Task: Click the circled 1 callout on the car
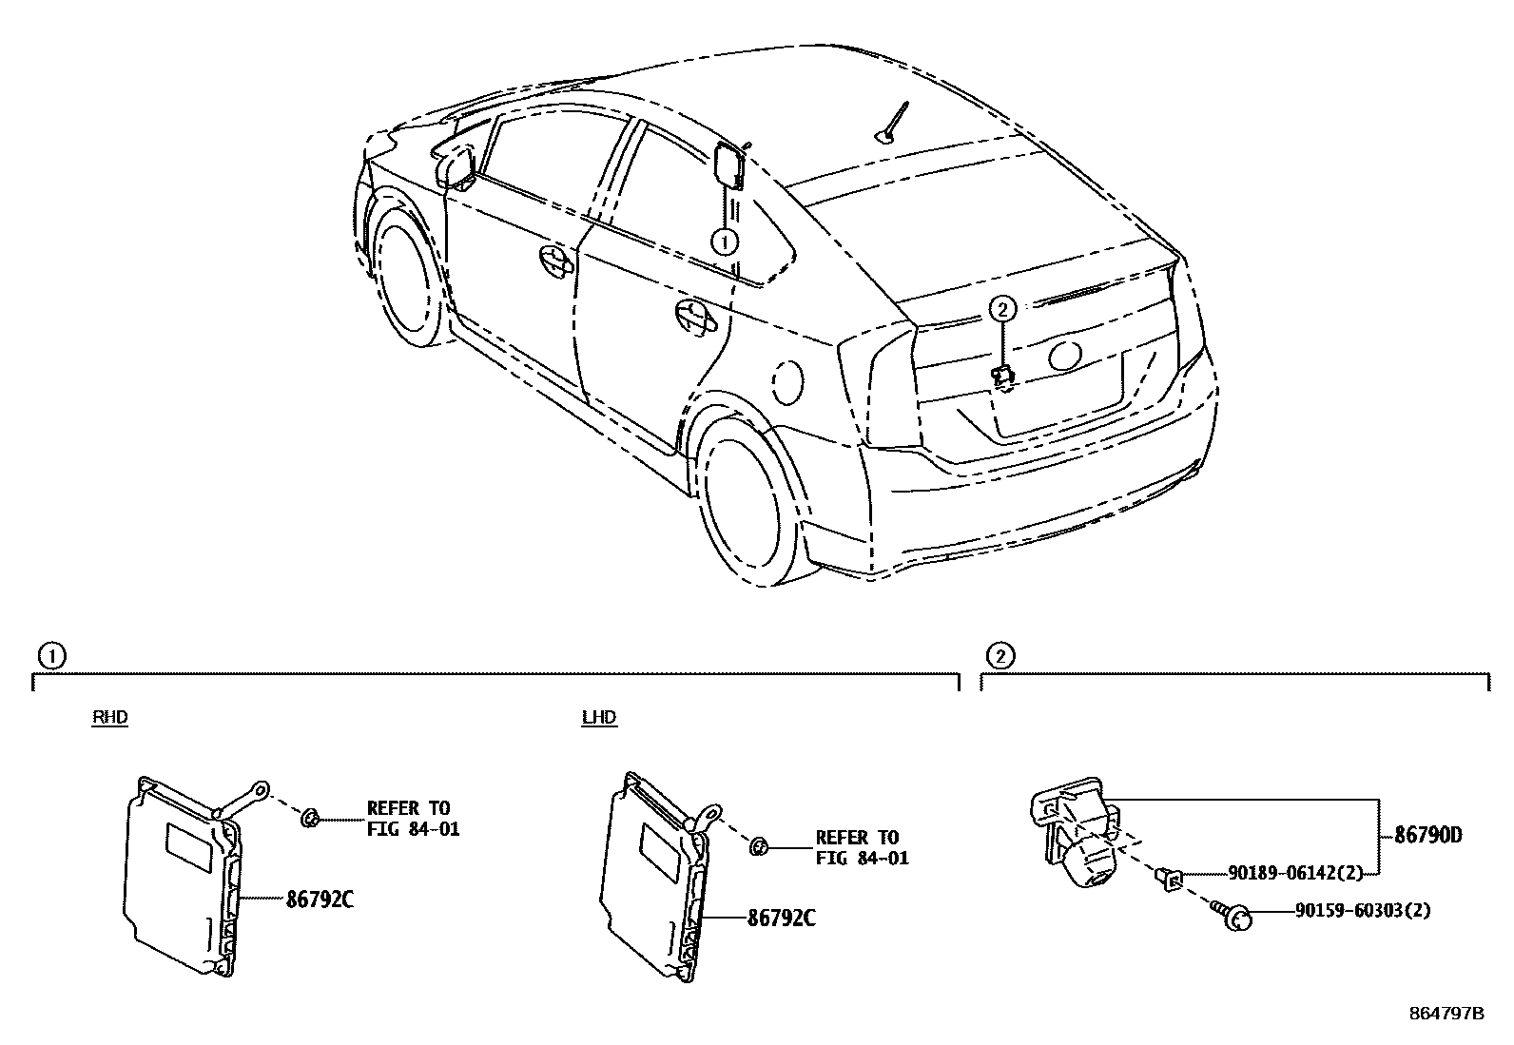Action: click(725, 242)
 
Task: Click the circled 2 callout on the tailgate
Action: click(1002, 308)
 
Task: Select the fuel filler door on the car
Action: click(787, 381)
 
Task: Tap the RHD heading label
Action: click(109, 717)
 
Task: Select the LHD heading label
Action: click(599, 717)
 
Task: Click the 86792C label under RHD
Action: click(320, 899)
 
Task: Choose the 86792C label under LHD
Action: click(782, 918)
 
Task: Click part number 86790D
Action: click(1427, 837)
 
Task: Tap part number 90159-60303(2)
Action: click(1362, 911)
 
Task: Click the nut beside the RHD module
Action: click(311, 818)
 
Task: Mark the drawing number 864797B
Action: click(1446, 1014)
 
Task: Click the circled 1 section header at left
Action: click(50, 655)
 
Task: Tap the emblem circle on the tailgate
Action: click(1064, 355)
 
